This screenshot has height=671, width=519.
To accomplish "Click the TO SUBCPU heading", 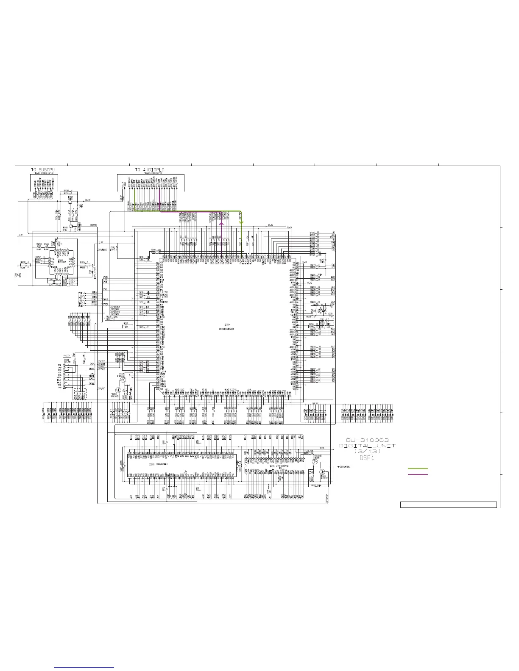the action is click(42, 170).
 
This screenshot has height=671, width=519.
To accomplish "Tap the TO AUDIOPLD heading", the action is click(150, 170).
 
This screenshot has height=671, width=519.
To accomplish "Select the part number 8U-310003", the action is click(367, 440).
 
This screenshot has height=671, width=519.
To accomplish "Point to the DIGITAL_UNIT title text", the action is click(367, 446).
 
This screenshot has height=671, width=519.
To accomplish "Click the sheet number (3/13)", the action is click(367, 452).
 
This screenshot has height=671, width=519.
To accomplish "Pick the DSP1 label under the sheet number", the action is click(367, 458).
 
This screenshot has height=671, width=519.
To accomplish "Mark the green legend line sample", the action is click(418, 469).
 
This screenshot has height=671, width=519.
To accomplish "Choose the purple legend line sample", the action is click(418, 474).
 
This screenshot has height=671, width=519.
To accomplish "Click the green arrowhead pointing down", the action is click(241, 222).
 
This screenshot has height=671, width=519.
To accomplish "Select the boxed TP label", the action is click(66, 355).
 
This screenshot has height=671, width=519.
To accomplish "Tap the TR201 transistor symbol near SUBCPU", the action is click(70, 202).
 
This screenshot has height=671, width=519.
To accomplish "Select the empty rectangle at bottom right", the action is click(448, 505).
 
